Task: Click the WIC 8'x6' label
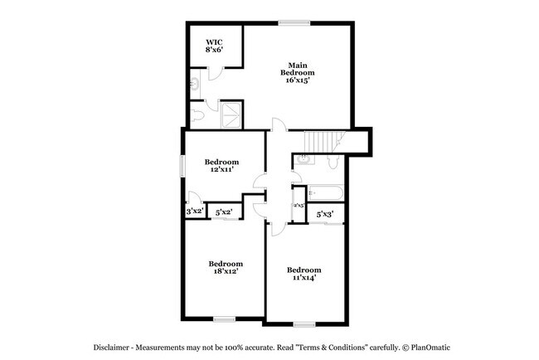point(214,45)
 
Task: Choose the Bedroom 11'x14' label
point(303,274)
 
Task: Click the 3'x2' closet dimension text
point(195,212)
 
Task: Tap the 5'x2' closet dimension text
point(224,213)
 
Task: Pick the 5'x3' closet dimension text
point(325,214)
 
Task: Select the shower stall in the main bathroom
point(231,114)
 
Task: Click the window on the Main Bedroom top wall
point(294,22)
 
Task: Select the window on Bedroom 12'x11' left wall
point(183,165)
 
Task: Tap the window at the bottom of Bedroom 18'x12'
point(225,319)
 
